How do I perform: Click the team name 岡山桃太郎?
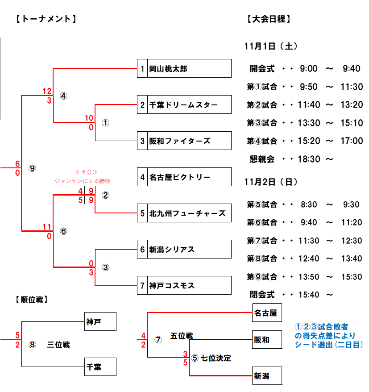(168, 69)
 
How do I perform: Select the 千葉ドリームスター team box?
(183, 105)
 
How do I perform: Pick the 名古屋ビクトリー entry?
(179, 177)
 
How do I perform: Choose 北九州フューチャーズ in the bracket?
(187, 213)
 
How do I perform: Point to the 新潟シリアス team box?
(172, 250)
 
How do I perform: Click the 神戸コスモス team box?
(172, 286)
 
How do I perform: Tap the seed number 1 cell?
(142, 69)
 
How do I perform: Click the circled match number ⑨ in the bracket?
(32, 168)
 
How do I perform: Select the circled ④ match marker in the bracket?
(63, 96)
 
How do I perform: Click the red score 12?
(47, 91)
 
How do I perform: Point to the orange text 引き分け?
(86, 172)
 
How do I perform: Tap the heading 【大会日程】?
(268, 19)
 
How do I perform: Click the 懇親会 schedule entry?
(262, 159)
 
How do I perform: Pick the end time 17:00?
(351, 141)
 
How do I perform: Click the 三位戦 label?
(58, 345)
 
